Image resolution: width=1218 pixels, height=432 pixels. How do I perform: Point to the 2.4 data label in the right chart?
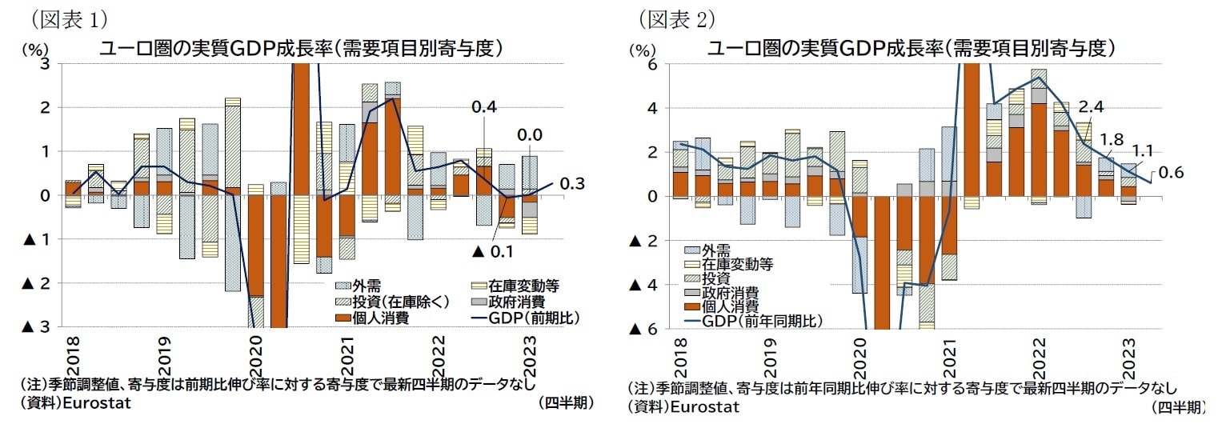(1092, 106)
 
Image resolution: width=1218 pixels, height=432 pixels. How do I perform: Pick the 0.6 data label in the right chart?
(1171, 172)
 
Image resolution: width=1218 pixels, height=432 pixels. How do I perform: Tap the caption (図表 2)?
(676, 18)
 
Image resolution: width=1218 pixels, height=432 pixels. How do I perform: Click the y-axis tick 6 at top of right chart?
(652, 65)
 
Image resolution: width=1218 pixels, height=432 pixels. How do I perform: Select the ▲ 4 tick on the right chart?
(644, 285)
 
